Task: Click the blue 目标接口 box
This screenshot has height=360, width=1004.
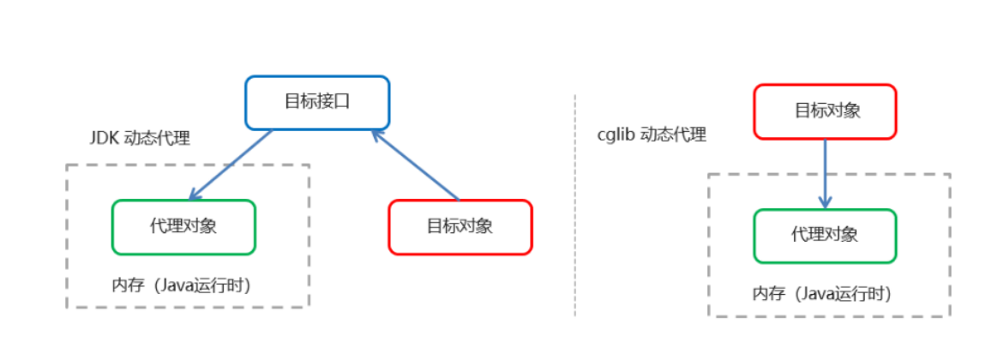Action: click(x=317, y=102)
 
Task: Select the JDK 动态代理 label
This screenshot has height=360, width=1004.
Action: click(x=140, y=138)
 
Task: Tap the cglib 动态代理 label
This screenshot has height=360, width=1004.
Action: click(x=652, y=135)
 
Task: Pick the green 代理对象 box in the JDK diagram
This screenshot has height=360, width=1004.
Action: click(x=183, y=227)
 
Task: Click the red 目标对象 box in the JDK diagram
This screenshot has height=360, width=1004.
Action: click(x=460, y=227)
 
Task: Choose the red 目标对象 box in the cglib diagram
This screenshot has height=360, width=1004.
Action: click(x=825, y=111)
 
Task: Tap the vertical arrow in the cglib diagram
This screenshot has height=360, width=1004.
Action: click(x=825, y=171)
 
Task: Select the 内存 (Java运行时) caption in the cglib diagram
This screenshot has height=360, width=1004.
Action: click(x=822, y=294)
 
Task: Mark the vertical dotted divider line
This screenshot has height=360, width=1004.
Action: click(x=575, y=206)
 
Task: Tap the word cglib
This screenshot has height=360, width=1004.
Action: click(x=614, y=135)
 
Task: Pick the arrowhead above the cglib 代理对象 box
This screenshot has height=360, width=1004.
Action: click(x=825, y=202)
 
